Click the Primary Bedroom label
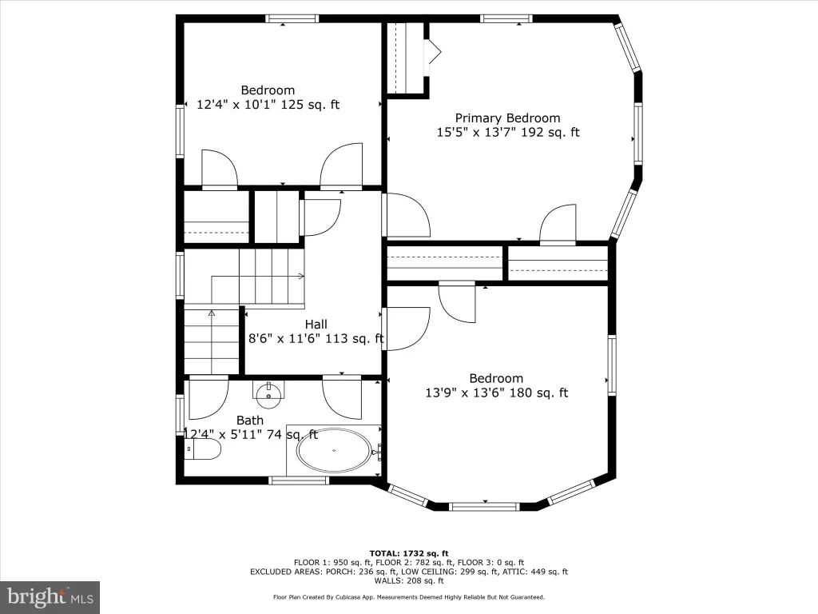[507, 118]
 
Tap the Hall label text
[316, 325]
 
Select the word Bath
[250, 421]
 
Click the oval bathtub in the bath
[334, 450]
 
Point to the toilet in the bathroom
[203, 449]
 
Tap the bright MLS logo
[50, 597]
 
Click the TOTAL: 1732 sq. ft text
[409, 553]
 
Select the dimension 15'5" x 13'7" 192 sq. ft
[508, 132]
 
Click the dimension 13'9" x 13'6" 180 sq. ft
[497, 393]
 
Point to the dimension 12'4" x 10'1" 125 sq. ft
[268, 105]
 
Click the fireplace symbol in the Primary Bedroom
[435, 52]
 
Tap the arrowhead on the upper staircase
[301, 276]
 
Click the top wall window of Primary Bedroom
[506, 19]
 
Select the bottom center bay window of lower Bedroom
[485, 506]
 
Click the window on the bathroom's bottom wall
[299, 480]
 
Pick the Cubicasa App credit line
[409, 597]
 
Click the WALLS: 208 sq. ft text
[409, 580]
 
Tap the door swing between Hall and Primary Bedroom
[407, 215]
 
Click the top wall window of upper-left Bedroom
[292, 19]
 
